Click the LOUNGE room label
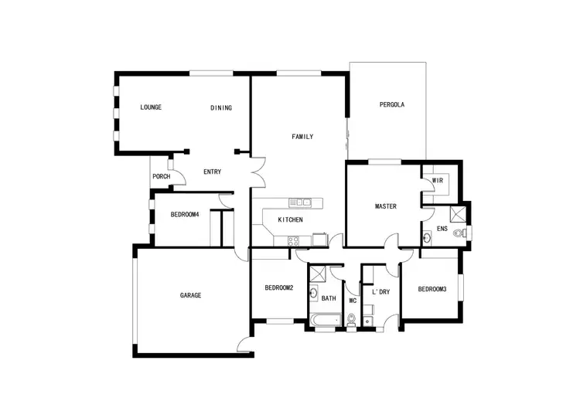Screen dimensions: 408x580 coord(151,107)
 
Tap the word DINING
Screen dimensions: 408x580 coord(221,108)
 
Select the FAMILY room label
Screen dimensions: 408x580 coord(302,137)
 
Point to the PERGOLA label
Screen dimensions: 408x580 coord(392,105)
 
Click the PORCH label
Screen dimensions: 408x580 coord(161,177)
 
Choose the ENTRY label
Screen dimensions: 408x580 coord(213,172)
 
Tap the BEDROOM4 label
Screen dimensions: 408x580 coord(185,215)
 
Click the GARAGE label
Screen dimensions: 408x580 coord(191,295)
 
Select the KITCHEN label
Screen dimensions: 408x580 coord(291,220)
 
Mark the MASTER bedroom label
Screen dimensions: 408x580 coord(386,206)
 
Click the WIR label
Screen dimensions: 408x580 coord(437,181)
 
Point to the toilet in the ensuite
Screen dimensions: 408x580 coord(461,232)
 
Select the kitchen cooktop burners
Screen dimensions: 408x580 coord(294,241)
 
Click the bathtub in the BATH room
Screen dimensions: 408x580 coord(325,319)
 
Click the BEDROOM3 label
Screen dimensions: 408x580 coord(432,289)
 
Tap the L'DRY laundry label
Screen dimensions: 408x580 coord(380,292)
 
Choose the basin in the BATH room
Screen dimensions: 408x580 coord(313,292)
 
